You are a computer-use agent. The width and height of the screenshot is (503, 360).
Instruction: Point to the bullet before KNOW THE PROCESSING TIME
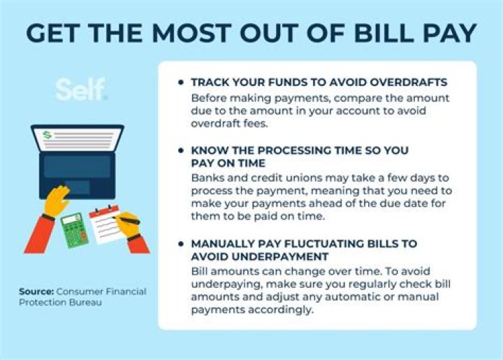182,150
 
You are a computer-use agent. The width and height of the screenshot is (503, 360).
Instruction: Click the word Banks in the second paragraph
206,177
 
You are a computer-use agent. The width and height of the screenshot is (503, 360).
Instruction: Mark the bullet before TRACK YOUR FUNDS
182,82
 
